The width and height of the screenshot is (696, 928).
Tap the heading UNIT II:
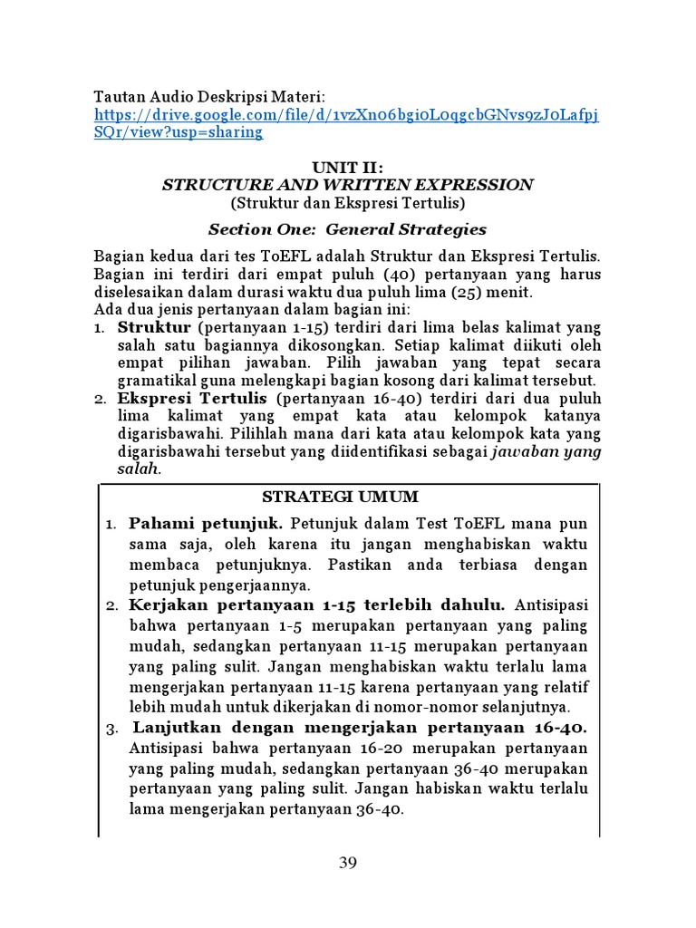pos(347,168)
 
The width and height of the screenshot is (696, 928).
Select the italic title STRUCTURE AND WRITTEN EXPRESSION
pos(347,185)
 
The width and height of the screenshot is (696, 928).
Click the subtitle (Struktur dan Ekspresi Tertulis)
pos(347,202)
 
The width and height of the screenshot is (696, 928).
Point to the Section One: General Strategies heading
pos(347,229)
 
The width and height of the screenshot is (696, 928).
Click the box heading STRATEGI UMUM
pos(340,497)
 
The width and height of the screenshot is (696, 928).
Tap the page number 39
pos(348,863)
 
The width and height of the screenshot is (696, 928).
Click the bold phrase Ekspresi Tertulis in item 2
pos(192,398)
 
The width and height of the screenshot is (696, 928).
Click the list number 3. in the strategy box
pos(112,728)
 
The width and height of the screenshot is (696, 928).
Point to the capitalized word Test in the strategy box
pos(437,524)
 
